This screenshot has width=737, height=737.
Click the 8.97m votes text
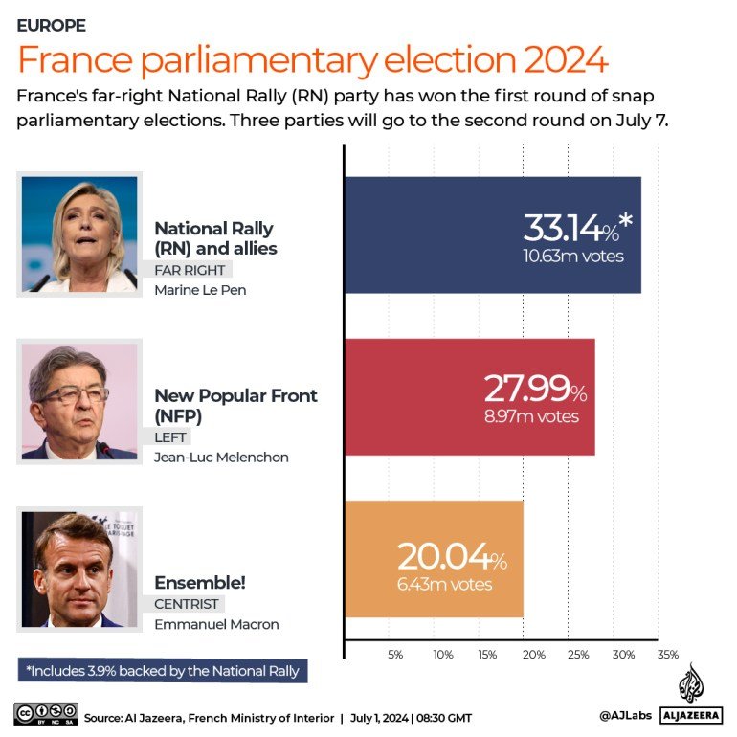point(531,416)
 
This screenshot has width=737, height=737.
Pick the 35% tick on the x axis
point(667,655)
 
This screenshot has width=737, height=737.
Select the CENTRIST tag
point(187,604)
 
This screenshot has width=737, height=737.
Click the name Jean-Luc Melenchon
point(221,458)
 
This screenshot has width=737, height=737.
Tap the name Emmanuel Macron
point(216,625)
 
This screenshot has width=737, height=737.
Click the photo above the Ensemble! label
point(79,569)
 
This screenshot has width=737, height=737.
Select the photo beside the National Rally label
point(79,234)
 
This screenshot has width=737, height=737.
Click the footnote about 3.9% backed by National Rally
point(164,671)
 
